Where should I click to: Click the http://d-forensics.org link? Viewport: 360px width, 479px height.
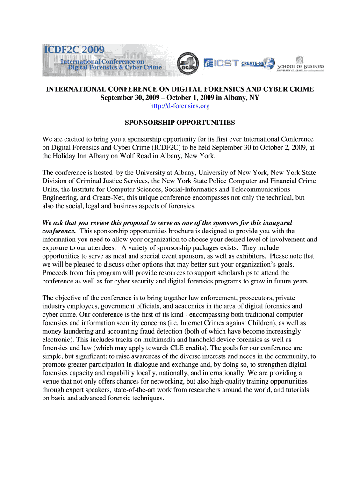point(180,106)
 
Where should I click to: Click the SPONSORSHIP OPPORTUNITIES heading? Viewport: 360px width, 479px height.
point(180,123)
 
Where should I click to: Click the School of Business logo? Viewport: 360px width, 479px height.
point(301,64)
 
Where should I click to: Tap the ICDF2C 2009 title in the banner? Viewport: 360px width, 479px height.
point(75,50)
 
